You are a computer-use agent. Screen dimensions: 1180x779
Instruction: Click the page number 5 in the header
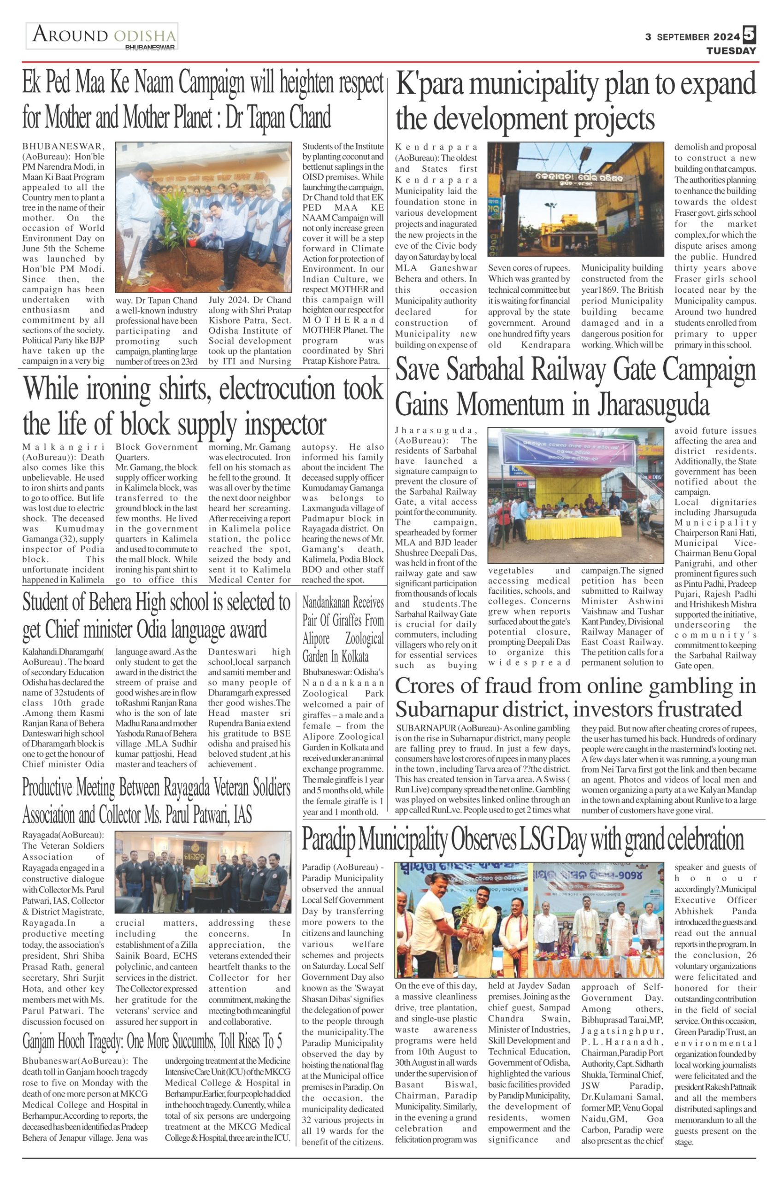[749, 35]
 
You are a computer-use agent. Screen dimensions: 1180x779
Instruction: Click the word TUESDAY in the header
[732, 51]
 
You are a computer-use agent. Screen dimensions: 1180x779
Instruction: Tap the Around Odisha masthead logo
[102, 36]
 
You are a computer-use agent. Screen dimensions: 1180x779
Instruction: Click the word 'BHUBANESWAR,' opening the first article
[63, 147]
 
